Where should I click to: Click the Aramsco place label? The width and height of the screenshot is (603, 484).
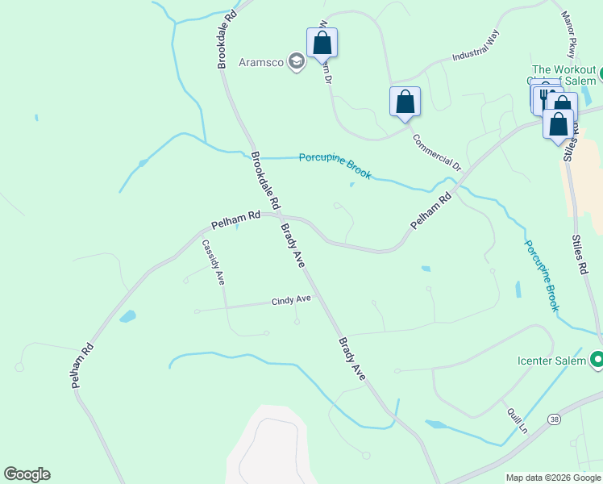(261, 62)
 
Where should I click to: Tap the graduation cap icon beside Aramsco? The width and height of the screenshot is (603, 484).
(296, 62)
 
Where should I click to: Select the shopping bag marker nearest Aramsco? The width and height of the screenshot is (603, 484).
(322, 43)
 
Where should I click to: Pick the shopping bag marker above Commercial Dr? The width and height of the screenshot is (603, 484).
(405, 102)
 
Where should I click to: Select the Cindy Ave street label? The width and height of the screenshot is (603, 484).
(291, 301)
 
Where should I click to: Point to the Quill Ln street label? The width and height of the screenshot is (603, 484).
(517, 419)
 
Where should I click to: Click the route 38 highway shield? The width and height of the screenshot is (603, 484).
(554, 419)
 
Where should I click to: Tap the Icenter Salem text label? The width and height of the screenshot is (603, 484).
(551, 361)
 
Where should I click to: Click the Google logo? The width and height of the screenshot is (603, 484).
(27, 474)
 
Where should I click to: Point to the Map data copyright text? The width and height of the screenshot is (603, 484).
(553, 478)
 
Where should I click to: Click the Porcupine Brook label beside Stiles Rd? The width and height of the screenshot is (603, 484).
(542, 275)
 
